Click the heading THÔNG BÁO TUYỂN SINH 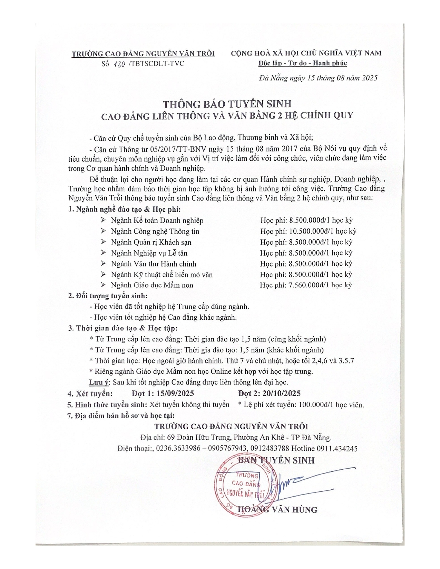tap(227, 104)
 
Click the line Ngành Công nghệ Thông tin tap(155, 231)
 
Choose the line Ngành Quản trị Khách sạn tap(151, 242)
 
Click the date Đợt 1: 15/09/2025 tap(163, 393)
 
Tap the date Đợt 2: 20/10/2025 tap(269, 393)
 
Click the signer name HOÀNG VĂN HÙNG tap(278, 509)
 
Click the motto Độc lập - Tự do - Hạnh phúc tap(303, 63)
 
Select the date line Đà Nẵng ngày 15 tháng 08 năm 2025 tap(318, 78)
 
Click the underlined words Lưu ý tap(99, 382)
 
